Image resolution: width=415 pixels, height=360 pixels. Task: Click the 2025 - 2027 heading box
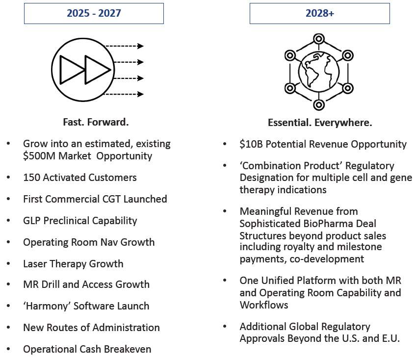point(94,14)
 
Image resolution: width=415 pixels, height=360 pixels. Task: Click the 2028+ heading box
point(320,14)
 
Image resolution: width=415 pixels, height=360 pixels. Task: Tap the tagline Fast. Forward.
point(96,122)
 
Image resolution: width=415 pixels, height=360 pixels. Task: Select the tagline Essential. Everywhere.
point(320,123)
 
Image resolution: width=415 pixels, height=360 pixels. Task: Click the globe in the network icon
point(319,72)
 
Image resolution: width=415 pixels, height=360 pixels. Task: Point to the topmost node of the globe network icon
point(319,39)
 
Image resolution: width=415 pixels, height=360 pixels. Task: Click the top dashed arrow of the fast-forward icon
point(125,46)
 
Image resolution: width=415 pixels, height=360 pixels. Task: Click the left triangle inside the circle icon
point(72,70)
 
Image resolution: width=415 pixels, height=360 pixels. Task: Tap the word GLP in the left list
point(32,221)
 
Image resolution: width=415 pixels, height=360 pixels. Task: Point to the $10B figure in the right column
point(251,144)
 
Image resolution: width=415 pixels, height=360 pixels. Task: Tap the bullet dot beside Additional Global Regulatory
point(225,326)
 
